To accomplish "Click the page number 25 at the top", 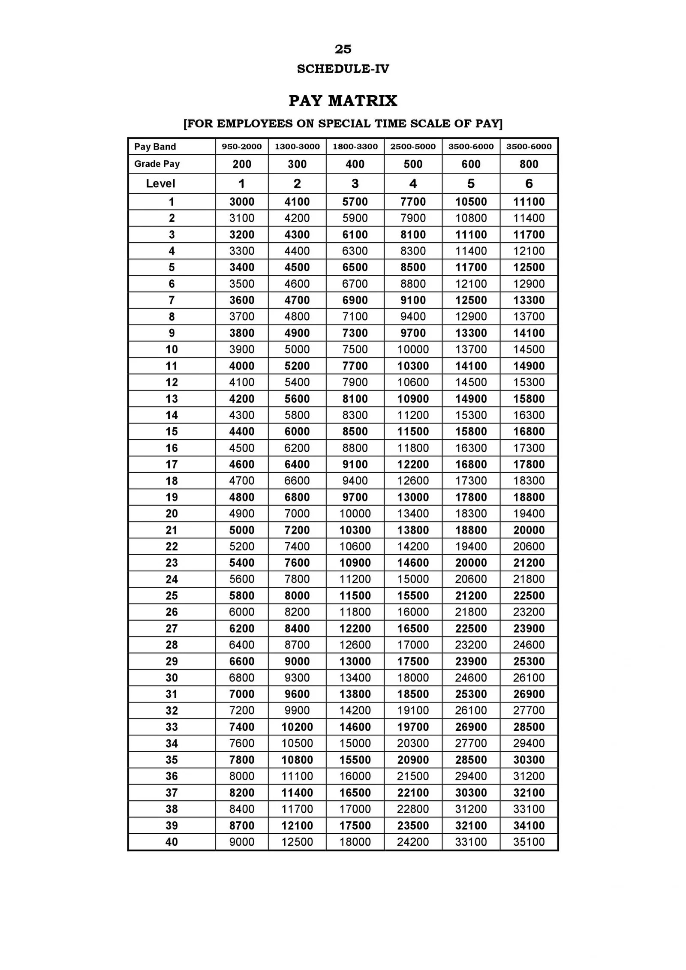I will [343, 49].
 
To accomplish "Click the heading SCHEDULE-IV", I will [343, 69].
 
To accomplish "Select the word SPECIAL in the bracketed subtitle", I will [345, 123].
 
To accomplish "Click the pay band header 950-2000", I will [241, 147].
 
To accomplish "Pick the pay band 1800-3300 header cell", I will [355, 147].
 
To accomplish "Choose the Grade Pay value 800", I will [528, 164].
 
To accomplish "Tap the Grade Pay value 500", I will [412, 164].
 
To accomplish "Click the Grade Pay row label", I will [157, 164].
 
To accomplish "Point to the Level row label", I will [160, 183].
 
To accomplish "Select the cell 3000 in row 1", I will [241, 202].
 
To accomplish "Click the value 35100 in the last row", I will [528, 842].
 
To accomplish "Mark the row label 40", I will [171, 842].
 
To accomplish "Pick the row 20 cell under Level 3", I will [355, 514].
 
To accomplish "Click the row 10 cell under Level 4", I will [412, 349].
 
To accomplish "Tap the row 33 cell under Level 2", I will [297, 727].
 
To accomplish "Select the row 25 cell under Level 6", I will [528, 596].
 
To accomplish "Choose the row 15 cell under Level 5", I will [470, 432].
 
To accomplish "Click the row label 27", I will [171, 628].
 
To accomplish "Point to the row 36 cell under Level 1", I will [241, 776].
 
